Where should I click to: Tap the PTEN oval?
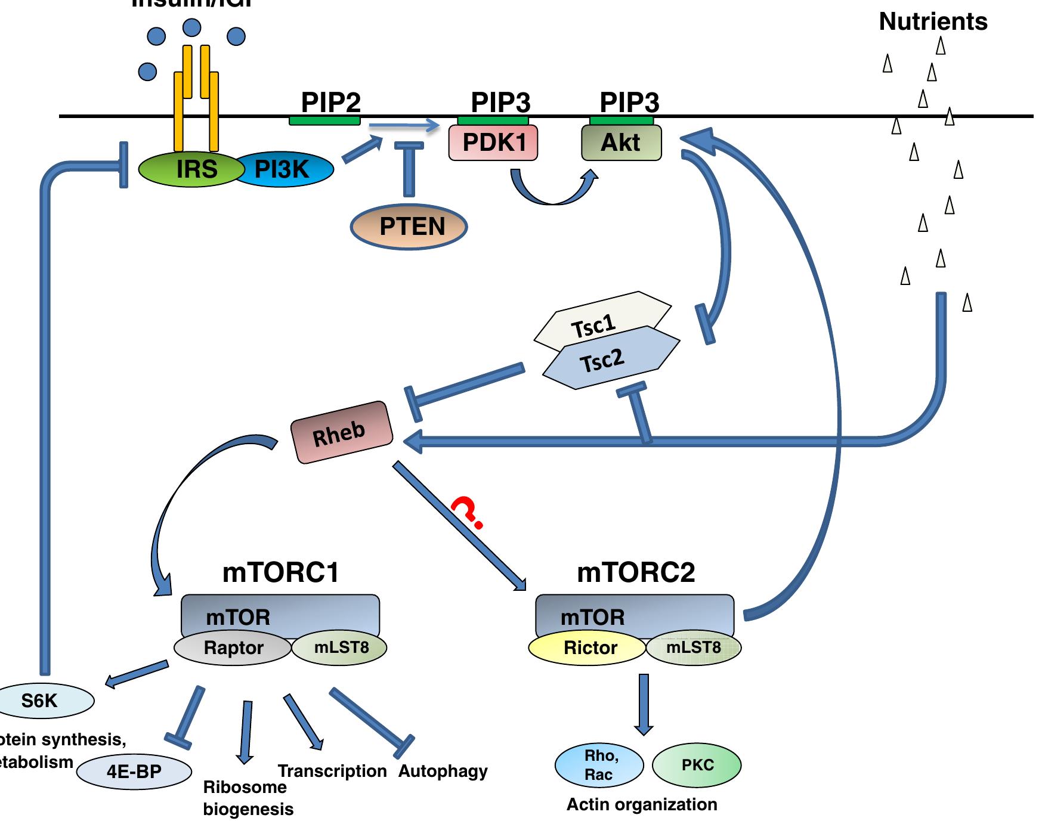click(409, 227)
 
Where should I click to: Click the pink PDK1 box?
click(493, 143)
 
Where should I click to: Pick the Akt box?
click(621, 143)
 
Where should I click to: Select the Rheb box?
click(341, 432)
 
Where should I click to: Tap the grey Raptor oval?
click(233, 647)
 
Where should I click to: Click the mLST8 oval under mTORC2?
click(694, 647)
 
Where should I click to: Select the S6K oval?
click(42, 700)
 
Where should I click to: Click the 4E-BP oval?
click(134, 772)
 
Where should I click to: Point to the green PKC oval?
click(697, 765)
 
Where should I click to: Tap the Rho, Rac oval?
click(599, 765)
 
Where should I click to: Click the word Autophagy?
click(443, 771)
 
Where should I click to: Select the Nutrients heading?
click(933, 21)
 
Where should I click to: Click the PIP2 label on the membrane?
click(330, 103)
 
